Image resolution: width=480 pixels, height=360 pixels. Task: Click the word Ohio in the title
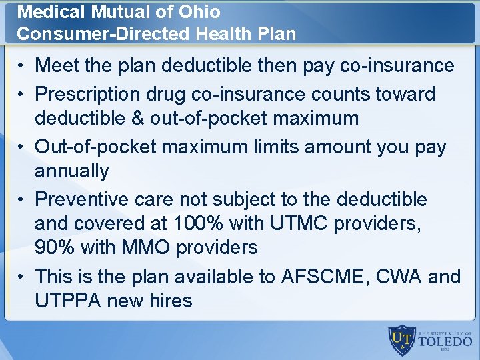(199, 12)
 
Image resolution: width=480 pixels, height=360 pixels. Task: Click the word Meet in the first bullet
(56, 65)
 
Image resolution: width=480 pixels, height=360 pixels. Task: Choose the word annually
(71, 171)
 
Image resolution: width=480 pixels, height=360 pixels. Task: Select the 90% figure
(55, 247)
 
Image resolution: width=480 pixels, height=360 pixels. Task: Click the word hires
(171, 300)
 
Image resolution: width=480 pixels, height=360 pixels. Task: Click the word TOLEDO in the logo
(445, 343)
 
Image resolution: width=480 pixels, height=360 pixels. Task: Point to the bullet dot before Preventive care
(21, 199)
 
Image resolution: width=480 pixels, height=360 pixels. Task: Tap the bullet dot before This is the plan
(21, 277)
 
